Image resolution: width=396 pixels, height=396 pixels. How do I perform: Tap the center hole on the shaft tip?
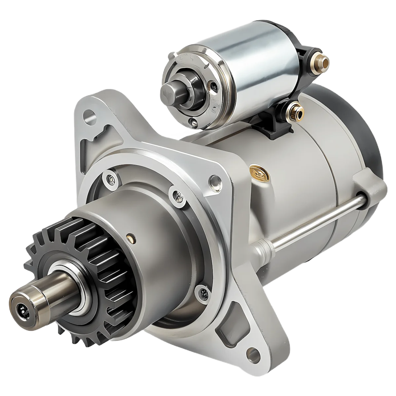22,310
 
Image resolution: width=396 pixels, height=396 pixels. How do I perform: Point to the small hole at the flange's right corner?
215,181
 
